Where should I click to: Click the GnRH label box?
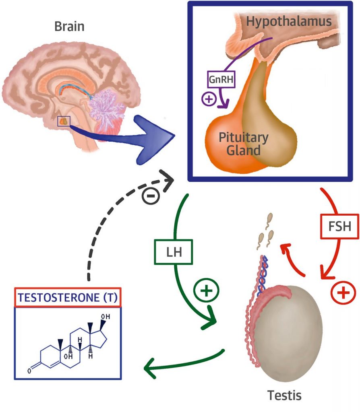[221, 79]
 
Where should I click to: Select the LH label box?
[173, 252]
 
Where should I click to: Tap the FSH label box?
[339, 227]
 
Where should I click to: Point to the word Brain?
[69, 27]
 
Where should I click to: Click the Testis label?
[284, 395]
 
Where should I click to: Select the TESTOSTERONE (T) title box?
[68, 297]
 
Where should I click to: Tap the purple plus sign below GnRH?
[209, 99]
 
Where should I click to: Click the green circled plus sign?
[206, 290]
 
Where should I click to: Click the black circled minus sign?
[151, 196]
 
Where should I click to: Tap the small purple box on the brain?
[64, 121]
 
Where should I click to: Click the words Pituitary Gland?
[244, 144]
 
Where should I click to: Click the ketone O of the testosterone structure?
[29, 371]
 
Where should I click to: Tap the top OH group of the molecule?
[106, 317]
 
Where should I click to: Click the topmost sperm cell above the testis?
[269, 218]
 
